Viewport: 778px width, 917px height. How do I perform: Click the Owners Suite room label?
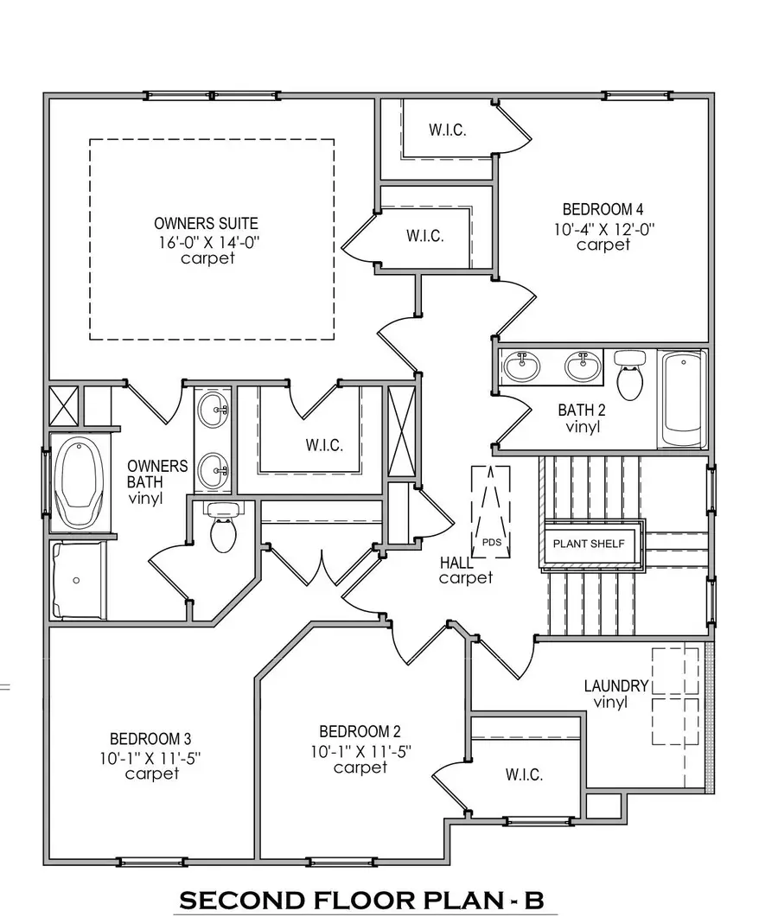point(206,223)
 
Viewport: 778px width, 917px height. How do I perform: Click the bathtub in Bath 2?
point(683,398)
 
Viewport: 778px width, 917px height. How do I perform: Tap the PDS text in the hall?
point(491,543)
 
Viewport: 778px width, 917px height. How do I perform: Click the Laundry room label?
point(615,685)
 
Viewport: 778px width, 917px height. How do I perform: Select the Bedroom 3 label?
point(150,739)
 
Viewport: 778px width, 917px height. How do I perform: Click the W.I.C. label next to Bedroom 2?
point(524,775)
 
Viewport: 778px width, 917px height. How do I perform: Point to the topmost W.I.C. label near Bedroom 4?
point(448,131)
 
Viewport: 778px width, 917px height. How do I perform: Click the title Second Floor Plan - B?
point(360,900)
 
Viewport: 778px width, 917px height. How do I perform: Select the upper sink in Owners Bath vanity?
point(212,411)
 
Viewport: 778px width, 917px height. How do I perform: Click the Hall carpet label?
point(464,570)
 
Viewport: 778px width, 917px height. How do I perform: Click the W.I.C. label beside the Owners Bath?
point(324,446)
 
